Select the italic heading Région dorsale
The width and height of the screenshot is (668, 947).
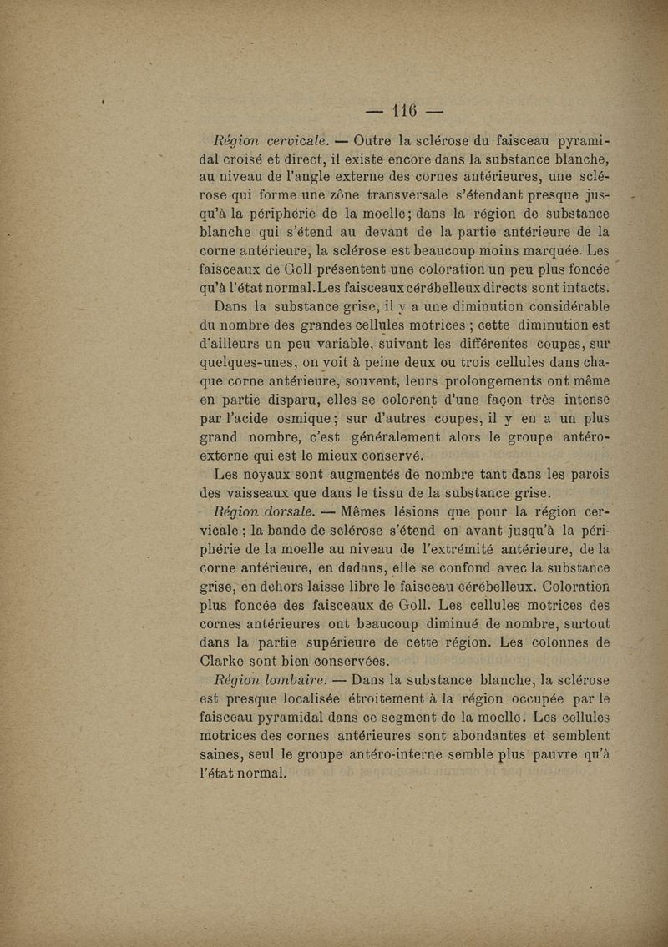click(x=265, y=511)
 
